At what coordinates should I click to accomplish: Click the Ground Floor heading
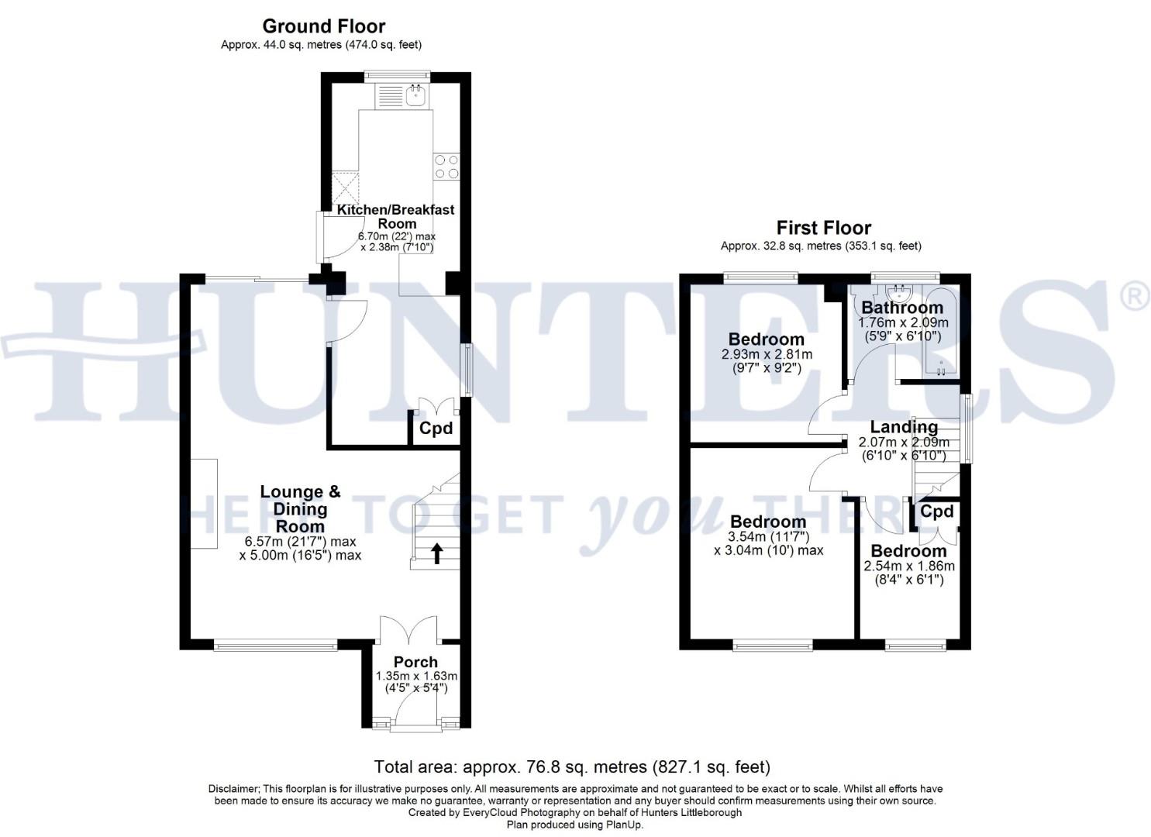click(323, 27)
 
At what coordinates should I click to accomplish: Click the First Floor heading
click(823, 228)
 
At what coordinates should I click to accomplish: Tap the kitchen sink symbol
click(415, 96)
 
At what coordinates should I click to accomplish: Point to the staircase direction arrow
click(436, 553)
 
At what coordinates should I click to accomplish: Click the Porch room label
click(415, 662)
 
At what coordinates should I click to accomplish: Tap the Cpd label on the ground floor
click(436, 429)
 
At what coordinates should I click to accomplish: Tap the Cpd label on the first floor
click(936, 511)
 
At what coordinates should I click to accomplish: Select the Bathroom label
click(902, 308)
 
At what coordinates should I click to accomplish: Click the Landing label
click(904, 427)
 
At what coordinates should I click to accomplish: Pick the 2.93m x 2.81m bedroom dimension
click(767, 354)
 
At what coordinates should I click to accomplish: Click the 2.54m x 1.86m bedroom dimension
click(908, 566)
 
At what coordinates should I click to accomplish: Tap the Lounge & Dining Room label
click(300, 508)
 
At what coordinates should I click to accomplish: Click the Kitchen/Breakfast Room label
click(395, 216)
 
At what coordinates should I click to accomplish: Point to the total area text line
click(572, 767)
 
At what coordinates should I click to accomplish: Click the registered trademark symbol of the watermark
click(1136, 298)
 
